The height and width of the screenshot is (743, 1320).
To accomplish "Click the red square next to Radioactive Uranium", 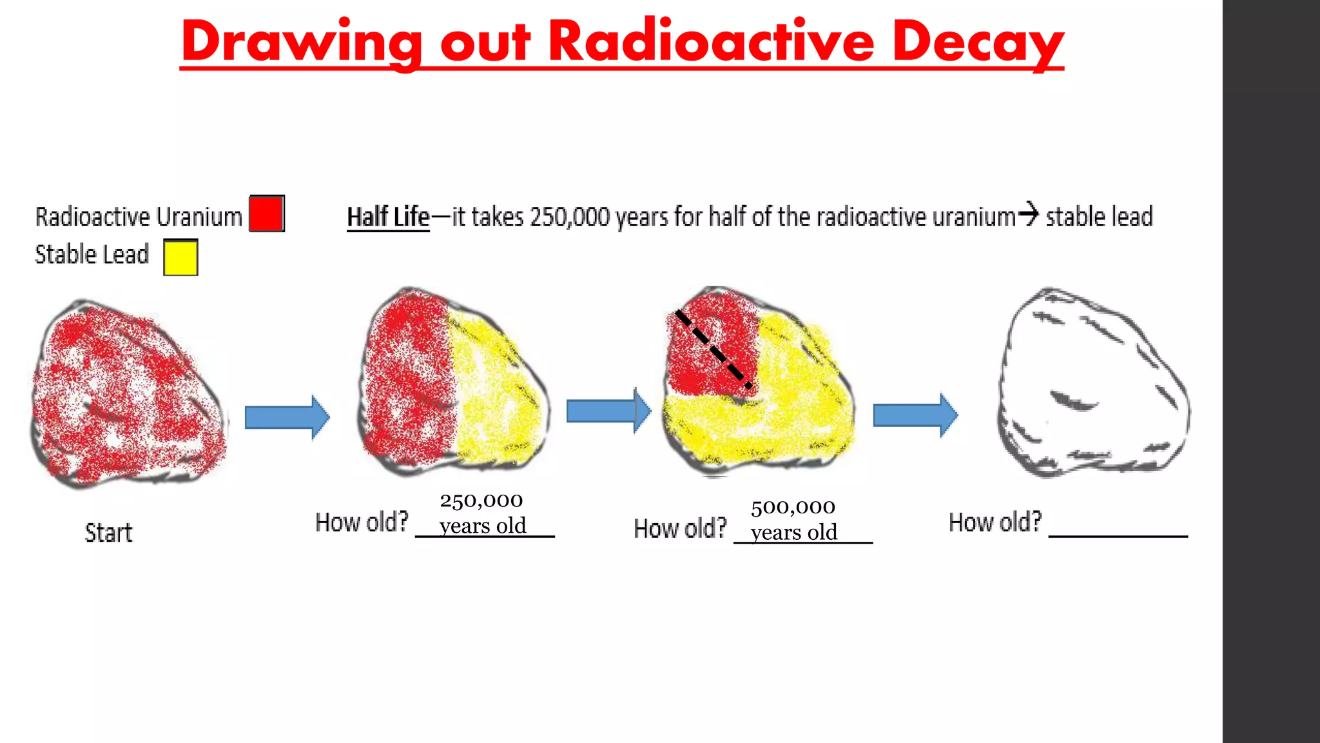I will (x=266, y=213).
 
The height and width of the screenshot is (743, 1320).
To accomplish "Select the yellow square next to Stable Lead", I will (x=180, y=257).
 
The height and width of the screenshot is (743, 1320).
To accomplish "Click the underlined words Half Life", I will (x=388, y=217).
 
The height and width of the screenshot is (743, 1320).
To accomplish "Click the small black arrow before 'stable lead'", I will (x=1030, y=213).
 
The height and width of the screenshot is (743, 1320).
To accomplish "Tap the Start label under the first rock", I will (x=108, y=533).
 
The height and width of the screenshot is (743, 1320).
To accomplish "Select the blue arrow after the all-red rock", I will (x=287, y=417).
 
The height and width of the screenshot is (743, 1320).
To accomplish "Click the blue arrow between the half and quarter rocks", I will (x=608, y=411).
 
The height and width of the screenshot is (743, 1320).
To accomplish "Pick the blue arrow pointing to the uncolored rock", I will (x=915, y=415).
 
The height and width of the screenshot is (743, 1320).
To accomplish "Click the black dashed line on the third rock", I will (x=713, y=349).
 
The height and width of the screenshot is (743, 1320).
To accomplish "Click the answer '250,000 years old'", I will (x=482, y=513).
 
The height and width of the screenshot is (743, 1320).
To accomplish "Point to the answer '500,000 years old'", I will (x=793, y=519).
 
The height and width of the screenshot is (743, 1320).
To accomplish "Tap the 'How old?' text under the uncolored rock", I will (x=995, y=522).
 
